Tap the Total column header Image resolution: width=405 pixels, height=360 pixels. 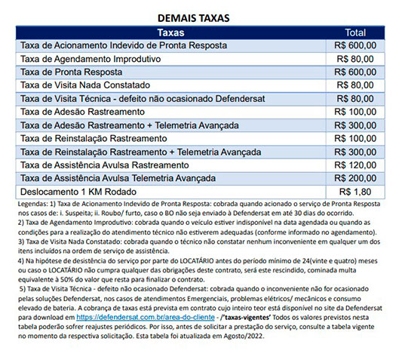click(x=355, y=33)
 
